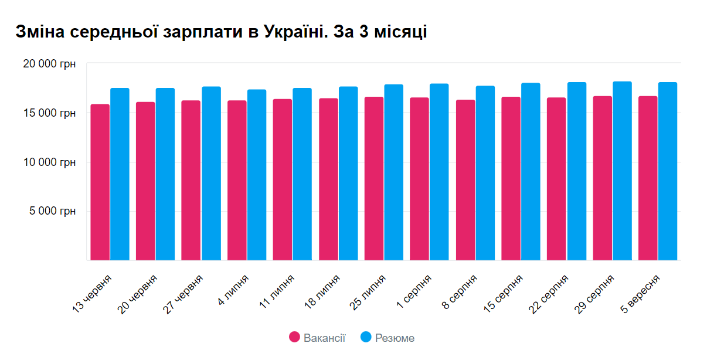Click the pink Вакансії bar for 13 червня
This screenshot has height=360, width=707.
[x=100, y=182]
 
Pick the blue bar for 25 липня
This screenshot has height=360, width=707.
[x=393, y=172]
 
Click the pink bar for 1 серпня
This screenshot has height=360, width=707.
[x=419, y=179]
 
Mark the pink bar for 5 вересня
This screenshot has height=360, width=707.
[x=648, y=178]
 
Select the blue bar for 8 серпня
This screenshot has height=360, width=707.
[x=485, y=173]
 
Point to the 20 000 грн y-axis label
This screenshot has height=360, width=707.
[x=49, y=64]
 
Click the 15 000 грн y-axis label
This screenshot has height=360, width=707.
[x=49, y=113]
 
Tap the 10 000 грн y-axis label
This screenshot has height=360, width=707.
[x=49, y=162]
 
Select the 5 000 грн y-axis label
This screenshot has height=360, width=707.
[x=53, y=211]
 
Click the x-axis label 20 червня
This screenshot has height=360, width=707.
[x=138, y=294]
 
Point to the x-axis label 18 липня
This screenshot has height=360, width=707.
[x=321, y=293]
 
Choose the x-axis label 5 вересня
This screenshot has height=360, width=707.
[x=641, y=293]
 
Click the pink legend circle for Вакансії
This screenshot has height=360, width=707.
[x=295, y=337]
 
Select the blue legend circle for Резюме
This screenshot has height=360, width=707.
[x=366, y=337]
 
